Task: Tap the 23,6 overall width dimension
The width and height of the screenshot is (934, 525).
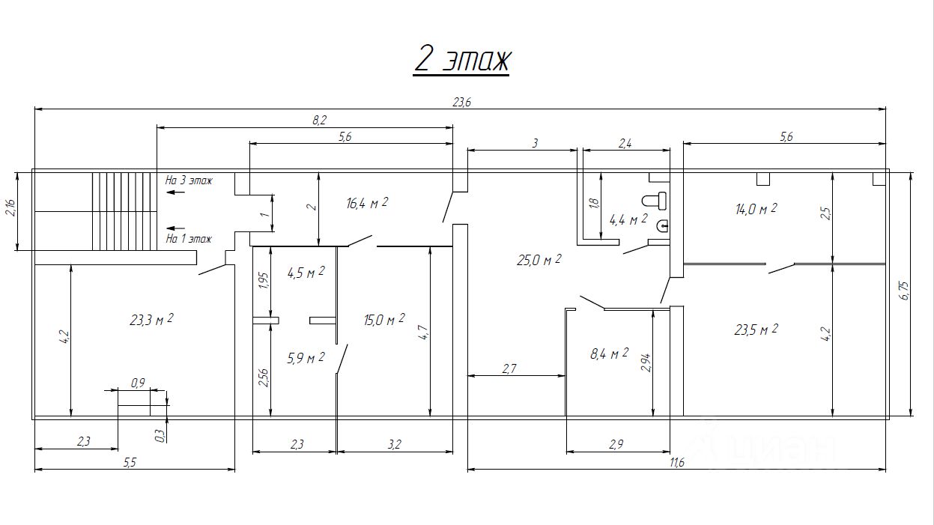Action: click(x=461, y=102)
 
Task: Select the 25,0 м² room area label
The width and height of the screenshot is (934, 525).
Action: click(x=539, y=260)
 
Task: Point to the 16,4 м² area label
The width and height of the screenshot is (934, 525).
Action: click(x=367, y=203)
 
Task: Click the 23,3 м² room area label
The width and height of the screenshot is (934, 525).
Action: click(x=151, y=320)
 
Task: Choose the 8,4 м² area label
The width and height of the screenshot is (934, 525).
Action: click(x=609, y=354)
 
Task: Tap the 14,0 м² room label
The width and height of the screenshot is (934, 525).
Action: click(x=756, y=208)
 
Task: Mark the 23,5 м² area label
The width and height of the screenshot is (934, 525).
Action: click(x=756, y=330)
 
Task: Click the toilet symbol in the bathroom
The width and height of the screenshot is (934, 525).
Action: click(x=654, y=201)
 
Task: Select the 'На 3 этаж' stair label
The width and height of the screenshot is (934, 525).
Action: click(x=189, y=180)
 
